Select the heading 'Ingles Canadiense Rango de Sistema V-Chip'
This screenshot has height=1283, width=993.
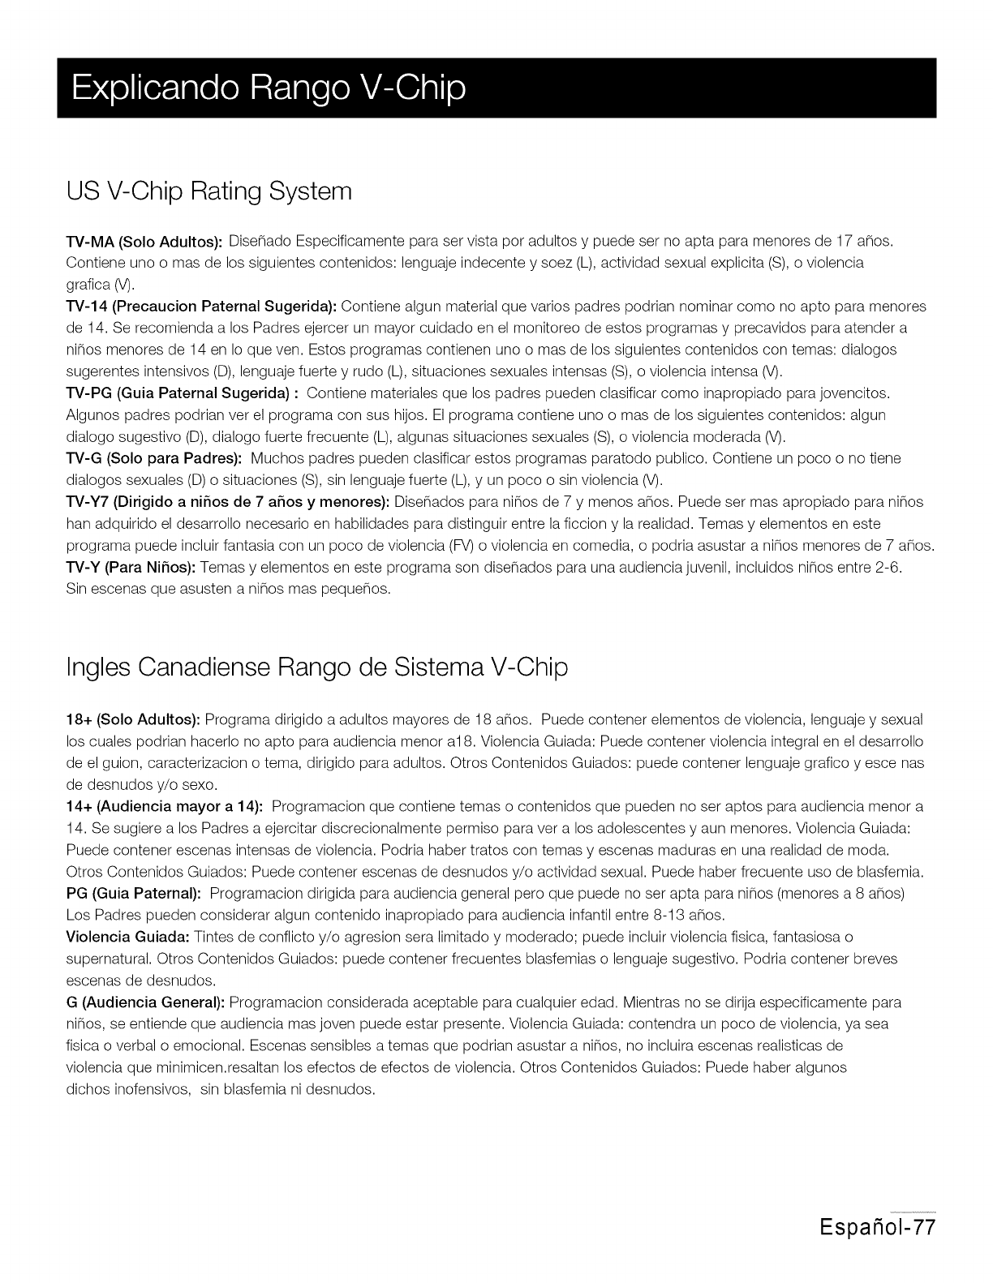pos(316,667)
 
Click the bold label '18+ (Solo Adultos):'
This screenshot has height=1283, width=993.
pos(133,720)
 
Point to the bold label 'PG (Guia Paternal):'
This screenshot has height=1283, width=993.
pos(133,894)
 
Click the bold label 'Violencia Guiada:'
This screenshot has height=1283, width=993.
pos(127,938)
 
